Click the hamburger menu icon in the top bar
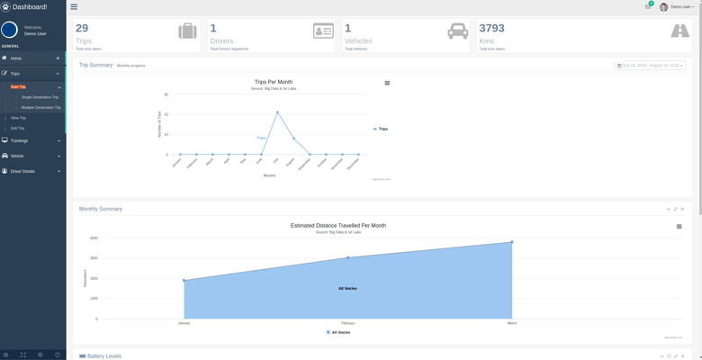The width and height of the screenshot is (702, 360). [74, 6]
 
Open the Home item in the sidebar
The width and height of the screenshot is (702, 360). [16, 58]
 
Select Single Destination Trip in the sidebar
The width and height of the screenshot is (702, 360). [40, 97]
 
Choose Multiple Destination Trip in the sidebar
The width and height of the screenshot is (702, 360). [41, 107]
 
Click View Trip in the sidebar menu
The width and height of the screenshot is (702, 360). [18, 118]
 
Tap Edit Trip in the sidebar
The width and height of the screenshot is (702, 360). [18, 129]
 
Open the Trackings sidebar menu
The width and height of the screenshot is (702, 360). [20, 141]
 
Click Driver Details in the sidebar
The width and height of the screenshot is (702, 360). [22, 171]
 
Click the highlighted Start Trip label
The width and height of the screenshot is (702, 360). [18, 87]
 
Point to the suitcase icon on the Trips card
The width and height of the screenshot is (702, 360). [187, 31]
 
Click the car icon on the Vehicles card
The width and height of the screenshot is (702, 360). [457, 31]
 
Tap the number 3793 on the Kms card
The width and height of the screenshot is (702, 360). [492, 29]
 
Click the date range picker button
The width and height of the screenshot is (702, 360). [650, 66]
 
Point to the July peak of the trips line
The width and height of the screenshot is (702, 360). [277, 112]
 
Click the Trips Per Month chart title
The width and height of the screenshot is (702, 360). [274, 82]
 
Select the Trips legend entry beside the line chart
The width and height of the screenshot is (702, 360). [381, 129]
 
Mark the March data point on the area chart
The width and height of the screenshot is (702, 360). [512, 242]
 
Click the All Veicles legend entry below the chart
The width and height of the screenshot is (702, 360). [338, 332]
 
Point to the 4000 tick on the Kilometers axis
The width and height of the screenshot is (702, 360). [94, 238]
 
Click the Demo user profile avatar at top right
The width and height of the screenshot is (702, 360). [664, 7]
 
